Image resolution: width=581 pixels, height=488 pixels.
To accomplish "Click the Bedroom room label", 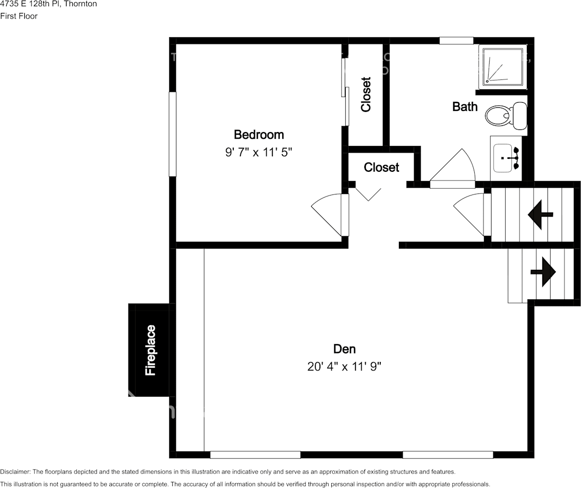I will [259, 135].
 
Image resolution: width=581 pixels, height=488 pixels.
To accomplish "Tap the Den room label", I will [344, 349].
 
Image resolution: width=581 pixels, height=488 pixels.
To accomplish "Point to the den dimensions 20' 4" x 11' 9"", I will [344, 367].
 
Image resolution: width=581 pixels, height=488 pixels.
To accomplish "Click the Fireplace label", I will [150, 350].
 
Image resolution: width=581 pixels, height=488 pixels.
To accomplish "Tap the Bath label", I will [465, 107].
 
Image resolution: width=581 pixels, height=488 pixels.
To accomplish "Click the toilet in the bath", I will [506, 116].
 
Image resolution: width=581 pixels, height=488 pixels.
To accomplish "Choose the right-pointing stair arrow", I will [543, 271].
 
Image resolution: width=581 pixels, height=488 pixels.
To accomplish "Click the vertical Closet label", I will [366, 94].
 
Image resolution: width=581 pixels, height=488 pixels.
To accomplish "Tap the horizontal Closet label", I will [381, 168].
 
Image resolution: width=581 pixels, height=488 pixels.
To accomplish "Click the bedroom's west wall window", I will [172, 134].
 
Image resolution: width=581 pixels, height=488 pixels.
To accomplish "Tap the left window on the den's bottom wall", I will [255, 454].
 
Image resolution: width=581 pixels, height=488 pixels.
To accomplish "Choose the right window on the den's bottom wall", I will [447, 454].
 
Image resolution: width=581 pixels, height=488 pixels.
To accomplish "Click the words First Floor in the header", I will [19, 16].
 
